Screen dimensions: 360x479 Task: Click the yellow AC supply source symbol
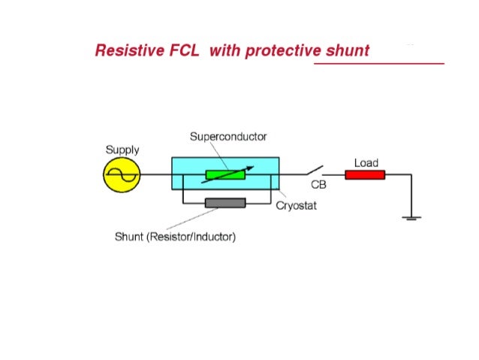[x=121, y=175]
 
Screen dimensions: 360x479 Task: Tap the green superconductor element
[x=225, y=175]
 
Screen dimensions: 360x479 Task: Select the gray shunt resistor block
[x=225, y=203]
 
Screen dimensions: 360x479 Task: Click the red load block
[x=365, y=175]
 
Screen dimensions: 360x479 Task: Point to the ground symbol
[x=411, y=218]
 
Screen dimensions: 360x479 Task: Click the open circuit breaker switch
[x=314, y=171]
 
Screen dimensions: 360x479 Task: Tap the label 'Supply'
[x=122, y=150]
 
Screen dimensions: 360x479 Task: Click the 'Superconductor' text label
[x=227, y=137]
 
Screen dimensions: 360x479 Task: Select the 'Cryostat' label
[x=296, y=206]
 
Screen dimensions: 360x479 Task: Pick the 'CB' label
[x=318, y=186]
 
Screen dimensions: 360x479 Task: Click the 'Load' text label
[x=366, y=162]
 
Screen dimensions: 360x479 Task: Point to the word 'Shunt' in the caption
[x=129, y=237]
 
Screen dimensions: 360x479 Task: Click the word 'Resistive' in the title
[x=125, y=51]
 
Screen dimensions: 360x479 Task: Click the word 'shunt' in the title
[x=348, y=51]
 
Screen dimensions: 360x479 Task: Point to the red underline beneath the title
[x=378, y=63]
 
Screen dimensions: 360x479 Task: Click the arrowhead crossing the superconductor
[x=250, y=168]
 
